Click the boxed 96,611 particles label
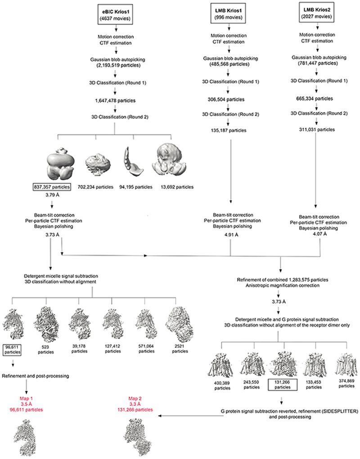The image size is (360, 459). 13,350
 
